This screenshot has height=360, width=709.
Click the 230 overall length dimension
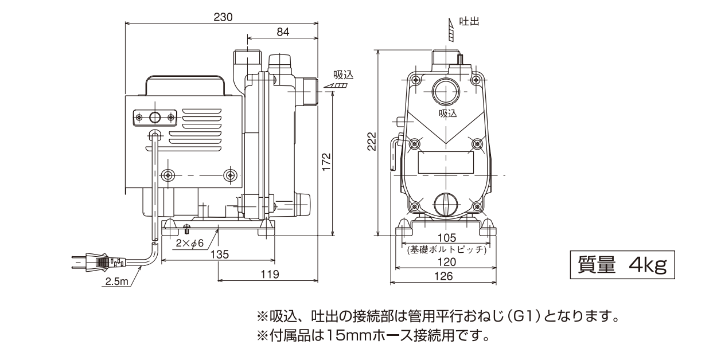tap(223, 17)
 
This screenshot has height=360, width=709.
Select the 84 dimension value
tap(283, 33)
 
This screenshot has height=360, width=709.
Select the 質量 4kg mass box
tap(622, 265)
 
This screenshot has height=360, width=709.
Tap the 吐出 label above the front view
tap(469, 21)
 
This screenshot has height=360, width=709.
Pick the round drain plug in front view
tap(445, 205)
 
